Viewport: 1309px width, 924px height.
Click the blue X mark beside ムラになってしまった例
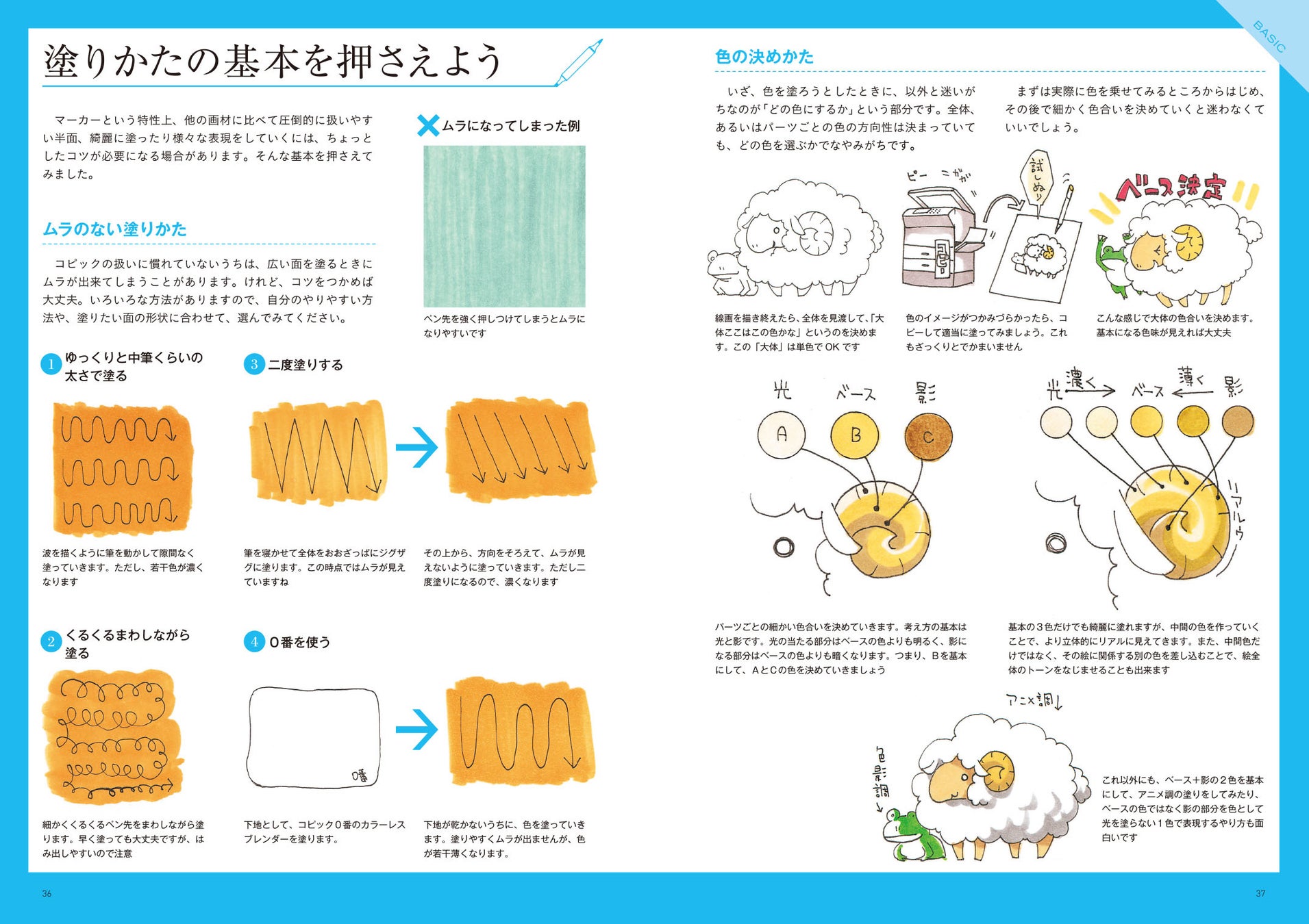428,125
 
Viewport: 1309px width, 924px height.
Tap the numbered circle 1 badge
51,364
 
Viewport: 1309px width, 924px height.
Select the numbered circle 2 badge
51,642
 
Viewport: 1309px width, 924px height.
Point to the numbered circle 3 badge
254,364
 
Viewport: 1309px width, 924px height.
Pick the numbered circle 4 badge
254,642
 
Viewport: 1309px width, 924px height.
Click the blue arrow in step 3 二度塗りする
416,448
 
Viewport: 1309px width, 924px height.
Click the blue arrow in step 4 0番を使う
416,729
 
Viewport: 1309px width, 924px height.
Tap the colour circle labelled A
782,435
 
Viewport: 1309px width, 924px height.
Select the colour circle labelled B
855,435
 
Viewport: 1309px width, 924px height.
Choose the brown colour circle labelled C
928,436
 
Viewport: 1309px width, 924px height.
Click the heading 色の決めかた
764,57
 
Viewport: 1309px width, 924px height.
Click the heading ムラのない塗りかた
114,229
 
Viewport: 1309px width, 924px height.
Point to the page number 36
47,893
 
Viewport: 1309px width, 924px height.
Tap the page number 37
1260,893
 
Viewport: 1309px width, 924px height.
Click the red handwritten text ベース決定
1170,187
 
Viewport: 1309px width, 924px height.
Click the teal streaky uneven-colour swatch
504,226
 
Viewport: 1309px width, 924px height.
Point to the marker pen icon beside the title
579,62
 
